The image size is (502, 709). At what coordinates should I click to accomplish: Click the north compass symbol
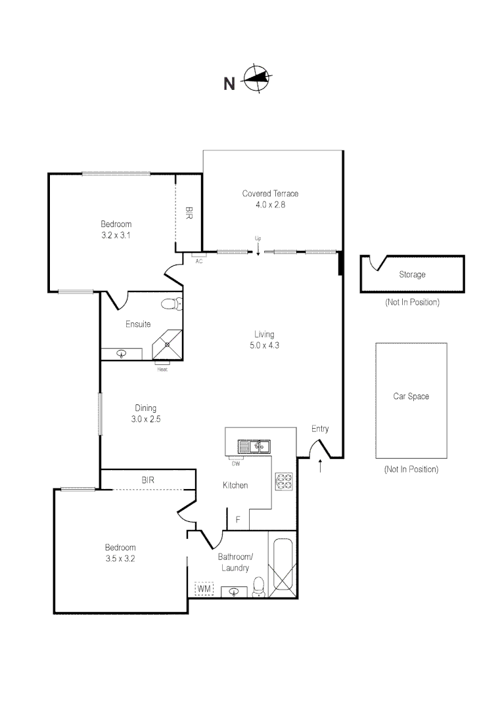(x=257, y=78)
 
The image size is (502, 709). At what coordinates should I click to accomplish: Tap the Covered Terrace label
(x=270, y=194)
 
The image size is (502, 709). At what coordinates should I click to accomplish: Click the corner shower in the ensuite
(x=168, y=345)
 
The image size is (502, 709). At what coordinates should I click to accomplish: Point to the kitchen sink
(x=254, y=447)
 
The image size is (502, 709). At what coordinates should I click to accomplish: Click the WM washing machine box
(x=204, y=589)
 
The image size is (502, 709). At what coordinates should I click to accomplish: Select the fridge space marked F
(x=238, y=519)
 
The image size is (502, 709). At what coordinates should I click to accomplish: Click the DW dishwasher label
(x=236, y=464)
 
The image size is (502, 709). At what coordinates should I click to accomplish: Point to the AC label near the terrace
(x=198, y=261)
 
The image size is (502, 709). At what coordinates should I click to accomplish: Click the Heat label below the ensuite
(x=162, y=370)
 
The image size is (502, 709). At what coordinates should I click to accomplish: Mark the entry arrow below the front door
(x=321, y=466)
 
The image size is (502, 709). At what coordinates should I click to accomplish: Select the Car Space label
(x=411, y=397)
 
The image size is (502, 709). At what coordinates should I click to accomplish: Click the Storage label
(x=412, y=274)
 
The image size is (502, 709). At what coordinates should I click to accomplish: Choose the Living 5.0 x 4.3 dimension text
(x=264, y=345)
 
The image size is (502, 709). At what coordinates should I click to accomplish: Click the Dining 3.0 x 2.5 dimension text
(x=146, y=419)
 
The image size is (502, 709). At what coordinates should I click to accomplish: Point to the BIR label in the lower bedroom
(x=148, y=480)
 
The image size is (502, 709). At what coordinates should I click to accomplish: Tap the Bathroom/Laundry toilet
(x=258, y=586)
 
